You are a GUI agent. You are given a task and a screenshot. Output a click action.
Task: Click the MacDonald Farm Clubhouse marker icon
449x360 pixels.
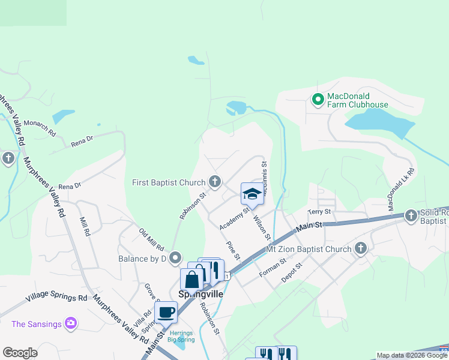click(x=318, y=100)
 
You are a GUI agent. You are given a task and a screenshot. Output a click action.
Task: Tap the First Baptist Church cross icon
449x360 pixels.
click(x=215, y=182)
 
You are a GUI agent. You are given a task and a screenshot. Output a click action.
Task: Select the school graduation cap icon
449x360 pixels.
click(x=252, y=193)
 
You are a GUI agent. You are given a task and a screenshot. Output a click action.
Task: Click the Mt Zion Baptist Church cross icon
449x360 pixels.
click(x=361, y=248)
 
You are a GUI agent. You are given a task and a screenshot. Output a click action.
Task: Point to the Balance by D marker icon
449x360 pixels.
click(x=175, y=258)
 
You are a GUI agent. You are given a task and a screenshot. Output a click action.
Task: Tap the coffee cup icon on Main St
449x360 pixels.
click(x=166, y=312)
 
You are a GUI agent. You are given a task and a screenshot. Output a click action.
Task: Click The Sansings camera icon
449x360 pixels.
click(x=71, y=324)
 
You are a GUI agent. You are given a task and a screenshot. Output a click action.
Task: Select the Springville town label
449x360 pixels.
click(x=200, y=295)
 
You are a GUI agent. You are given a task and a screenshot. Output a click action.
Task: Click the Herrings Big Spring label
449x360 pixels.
click(x=181, y=336)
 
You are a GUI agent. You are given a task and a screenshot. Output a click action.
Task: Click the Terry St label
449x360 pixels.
click(x=319, y=212)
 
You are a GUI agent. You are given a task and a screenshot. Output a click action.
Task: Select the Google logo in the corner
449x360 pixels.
click(x=20, y=353)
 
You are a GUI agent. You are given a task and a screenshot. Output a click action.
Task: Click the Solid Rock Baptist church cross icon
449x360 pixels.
click(x=411, y=215)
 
